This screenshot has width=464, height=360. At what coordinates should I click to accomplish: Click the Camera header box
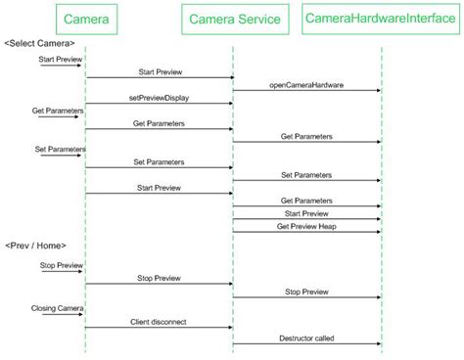(x=86, y=19)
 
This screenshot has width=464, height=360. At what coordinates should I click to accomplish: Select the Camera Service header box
(x=234, y=19)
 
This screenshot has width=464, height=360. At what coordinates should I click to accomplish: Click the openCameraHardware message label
(x=306, y=85)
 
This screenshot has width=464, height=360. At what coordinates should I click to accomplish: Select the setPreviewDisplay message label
(x=158, y=98)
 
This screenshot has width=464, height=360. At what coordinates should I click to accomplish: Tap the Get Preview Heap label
(x=306, y=225)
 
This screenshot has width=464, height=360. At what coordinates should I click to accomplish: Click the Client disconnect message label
(x=158, y=320)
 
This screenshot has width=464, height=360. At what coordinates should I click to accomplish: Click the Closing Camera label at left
(x=56, y=307)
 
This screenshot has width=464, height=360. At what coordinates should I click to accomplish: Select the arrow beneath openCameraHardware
(x=306, y=91)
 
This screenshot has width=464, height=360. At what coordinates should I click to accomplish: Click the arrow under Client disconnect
(x=158, y=327)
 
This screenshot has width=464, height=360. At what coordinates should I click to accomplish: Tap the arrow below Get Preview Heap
(x=306, y=232)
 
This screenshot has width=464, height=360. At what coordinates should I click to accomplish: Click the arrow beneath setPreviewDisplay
(x=158, y=104)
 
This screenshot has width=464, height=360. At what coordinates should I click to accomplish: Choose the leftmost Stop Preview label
(x=61, y=264)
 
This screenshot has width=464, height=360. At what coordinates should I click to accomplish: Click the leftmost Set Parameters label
(x=60, y=149)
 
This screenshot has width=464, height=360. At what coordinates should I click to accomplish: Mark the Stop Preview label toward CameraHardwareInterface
(x=306, y=291)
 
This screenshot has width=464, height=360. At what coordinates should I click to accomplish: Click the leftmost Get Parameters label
(x=59, y=111)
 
